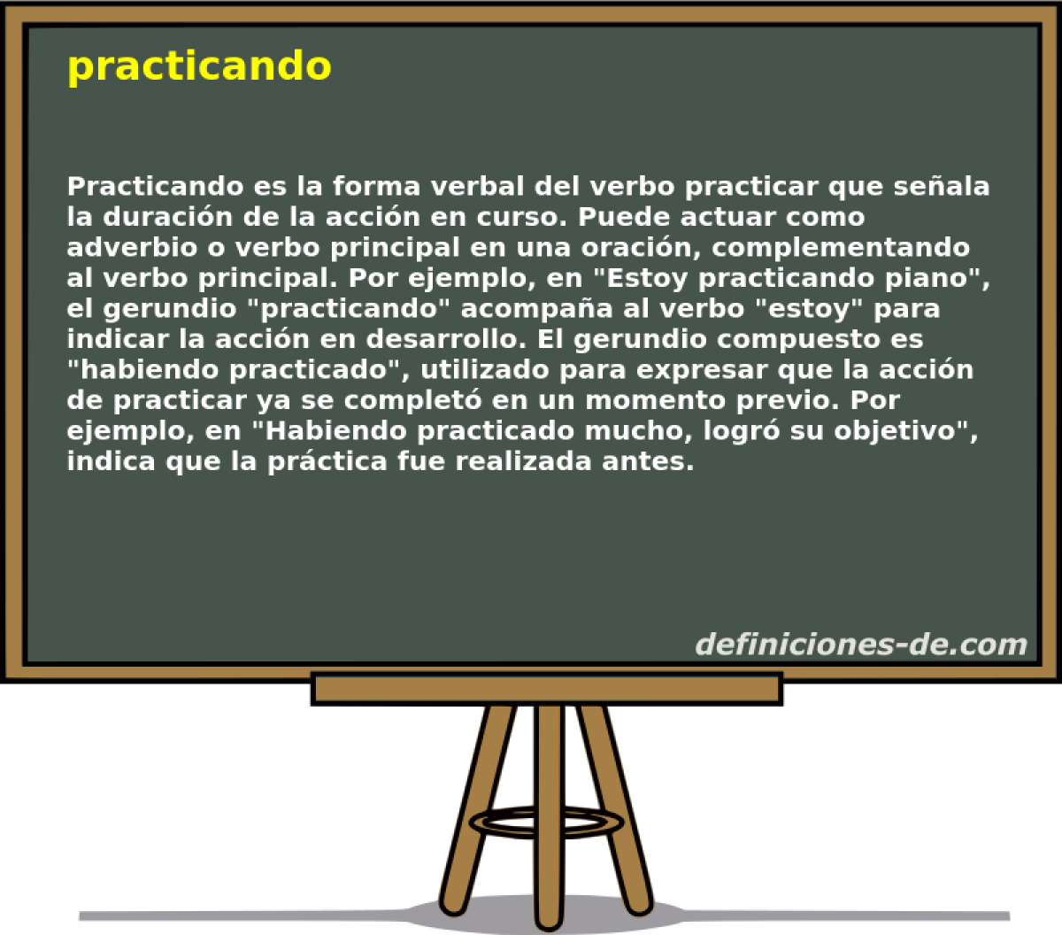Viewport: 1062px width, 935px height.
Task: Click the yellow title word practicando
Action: click(199, 66)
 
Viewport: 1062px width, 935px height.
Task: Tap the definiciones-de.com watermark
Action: click(860, 644)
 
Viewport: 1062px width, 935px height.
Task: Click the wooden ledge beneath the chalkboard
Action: click(547, 689)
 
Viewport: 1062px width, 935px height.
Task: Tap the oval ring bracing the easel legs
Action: click(547, 821)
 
